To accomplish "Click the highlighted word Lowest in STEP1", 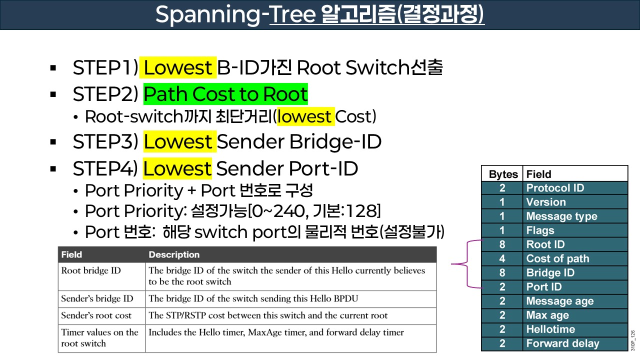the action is point(177,67).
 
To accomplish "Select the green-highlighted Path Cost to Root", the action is point(225,93).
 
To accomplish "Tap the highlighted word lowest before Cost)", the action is point(304,116).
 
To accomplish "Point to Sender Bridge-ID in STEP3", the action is point(299,142).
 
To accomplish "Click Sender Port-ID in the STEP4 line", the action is point(287,168).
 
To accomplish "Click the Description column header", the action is point(174,254).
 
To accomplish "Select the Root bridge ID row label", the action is point(91,270).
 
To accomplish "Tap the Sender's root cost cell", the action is point(96,315).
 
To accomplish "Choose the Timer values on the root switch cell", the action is point(100,337).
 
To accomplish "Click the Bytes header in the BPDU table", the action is point(503,174).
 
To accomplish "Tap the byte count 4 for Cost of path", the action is point(502,258).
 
